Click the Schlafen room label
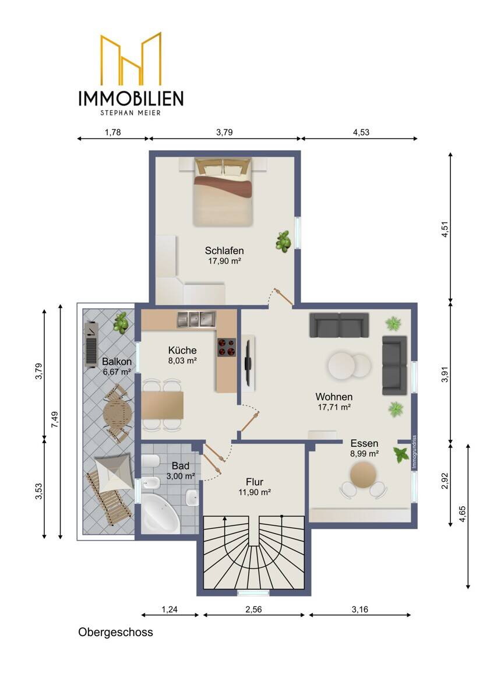[224, 250]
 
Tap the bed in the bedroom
[222, 192]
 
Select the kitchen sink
[196, 319]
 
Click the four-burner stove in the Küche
[226, 347]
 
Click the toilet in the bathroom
[151, 461]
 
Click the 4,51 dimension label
[445, 229]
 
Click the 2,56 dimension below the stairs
[253, 609]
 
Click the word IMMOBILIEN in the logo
[130, 98]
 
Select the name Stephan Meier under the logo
[130, 112]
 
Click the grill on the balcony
[91, 345]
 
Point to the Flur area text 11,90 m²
[255, 492]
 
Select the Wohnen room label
[334, 397]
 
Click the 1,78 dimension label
[112, 132]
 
